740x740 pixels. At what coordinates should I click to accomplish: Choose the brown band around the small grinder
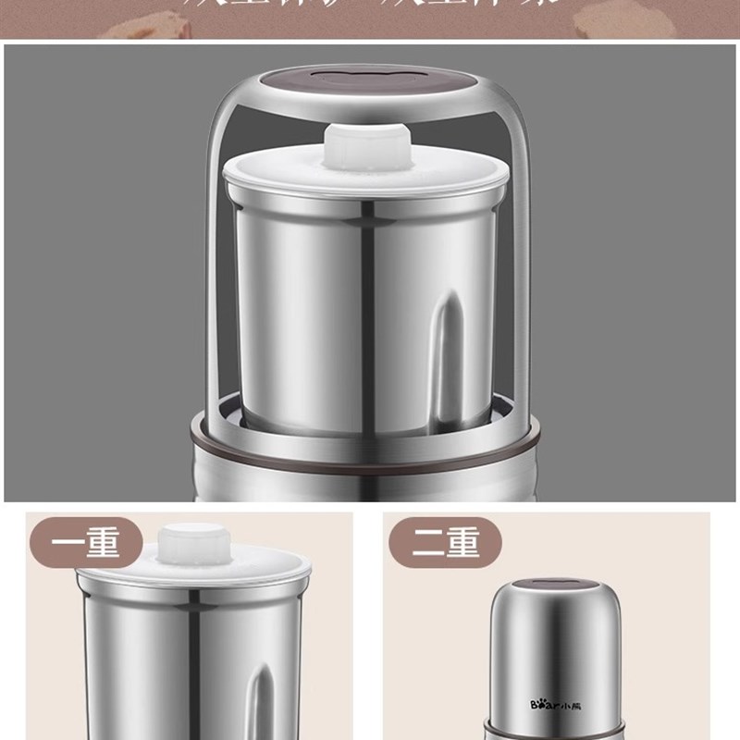(x=554, y=726)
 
